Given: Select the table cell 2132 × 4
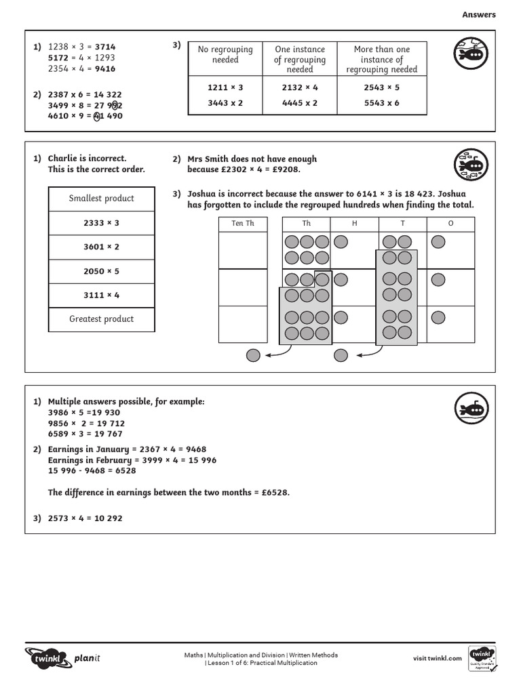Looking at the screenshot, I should [300, 87].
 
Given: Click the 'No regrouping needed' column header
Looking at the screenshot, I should [225, 54].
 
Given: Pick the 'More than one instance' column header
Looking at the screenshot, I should [382, 59].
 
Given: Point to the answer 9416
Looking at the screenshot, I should [105, 68].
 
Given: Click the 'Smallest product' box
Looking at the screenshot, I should [102, 199].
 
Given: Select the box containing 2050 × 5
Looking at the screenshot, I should [102, 271].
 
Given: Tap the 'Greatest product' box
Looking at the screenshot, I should [102, 319].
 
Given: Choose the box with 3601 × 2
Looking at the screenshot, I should [102, 247].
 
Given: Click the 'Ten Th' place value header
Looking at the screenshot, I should [243, 224].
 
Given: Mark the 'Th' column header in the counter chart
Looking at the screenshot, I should [307, 224].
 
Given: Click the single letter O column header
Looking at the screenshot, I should [450, 224].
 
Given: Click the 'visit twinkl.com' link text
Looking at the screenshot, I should [437, 658].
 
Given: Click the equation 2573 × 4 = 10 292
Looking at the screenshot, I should [85, 518].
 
